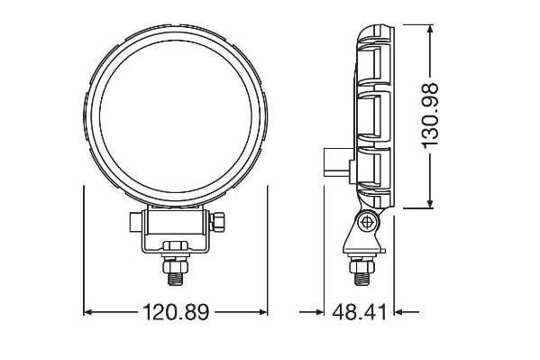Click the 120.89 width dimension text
point(176,313)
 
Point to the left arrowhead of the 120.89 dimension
point(88,313)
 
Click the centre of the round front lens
point(176,115)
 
